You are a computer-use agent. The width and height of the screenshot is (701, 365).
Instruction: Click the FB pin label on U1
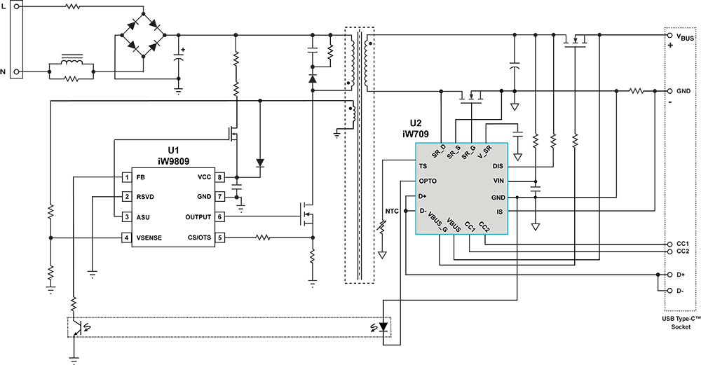pyautogui.click(x=141, y=177)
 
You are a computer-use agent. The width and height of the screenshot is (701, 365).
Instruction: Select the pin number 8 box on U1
pyautogui.click(x=219, y=177)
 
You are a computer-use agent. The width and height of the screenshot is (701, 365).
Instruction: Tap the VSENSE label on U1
pyautogui.click(x=150, y=238)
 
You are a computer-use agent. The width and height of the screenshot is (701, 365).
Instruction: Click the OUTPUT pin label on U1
pyautogui.click(x=198, y=217)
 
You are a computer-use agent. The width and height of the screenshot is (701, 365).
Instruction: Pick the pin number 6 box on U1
pyautogui.click(x=219, y=217)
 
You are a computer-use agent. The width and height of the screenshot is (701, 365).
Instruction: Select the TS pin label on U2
pyautogui.click(x=423, y=167)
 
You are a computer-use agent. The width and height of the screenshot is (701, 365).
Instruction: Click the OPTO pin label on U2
pyautogui.click(x=428, y=181)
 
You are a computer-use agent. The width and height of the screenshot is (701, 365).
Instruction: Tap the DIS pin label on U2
pyautogui.click(x=498, y=167)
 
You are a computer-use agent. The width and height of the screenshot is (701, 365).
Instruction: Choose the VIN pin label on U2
pyautogui.click(x=498, y=181)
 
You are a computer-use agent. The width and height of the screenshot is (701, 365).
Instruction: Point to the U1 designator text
pyautogui.click(x=173, y=151)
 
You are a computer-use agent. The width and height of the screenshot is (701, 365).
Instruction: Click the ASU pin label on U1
pyautogui.click(x=144, y=217)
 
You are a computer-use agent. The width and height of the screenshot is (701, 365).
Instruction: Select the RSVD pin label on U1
pyautogui.click(x=146, y=197)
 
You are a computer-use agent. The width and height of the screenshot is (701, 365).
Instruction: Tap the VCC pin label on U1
pyautogui.click(x=203, y=177)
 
